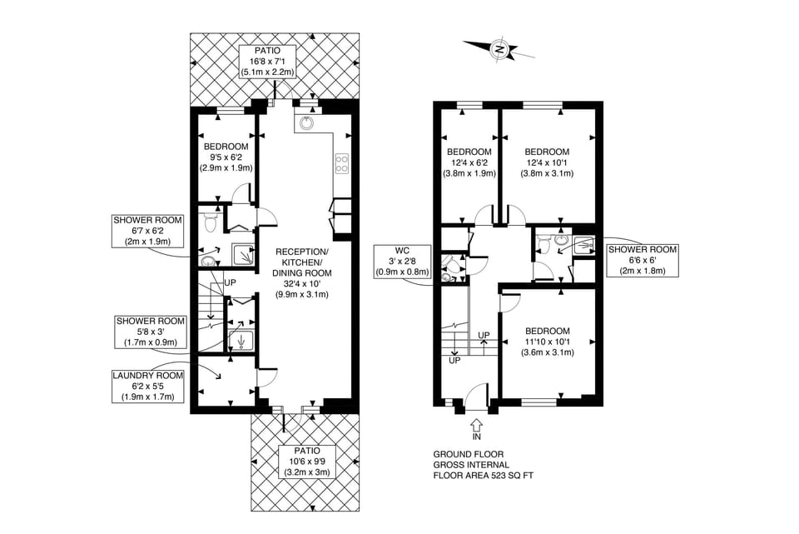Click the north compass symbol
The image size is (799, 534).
click(500, 49)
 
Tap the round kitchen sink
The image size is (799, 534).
click(306, 123)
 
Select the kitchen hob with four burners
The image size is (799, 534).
click(340, 162)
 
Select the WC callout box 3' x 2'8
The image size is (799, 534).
click(402, 260)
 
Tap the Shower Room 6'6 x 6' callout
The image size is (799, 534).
click(642, 260)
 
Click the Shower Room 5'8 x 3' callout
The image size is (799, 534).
click(151, 332)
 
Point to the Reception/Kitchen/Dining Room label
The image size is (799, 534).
click(302, 272)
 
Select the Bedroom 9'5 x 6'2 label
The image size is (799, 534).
click(226, 157)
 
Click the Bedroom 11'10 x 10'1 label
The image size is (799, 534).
click(547, 341)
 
